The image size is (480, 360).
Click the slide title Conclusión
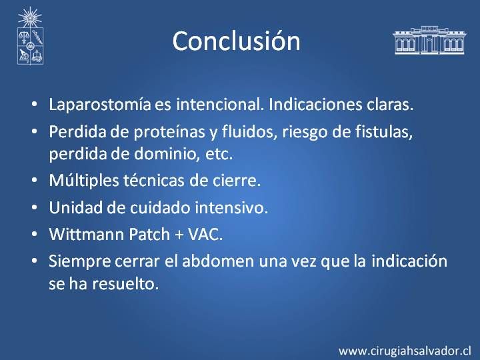pyautogui.click(x=236, y=41)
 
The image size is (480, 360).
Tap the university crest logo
pyautogui.click(x=30, y=36)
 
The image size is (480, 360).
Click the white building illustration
pyautogui.click(x=430, y=40)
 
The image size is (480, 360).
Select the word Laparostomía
pyautogui.click(x=100, y=105)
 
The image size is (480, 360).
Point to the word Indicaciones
pyautogui.click(x=315, y=104)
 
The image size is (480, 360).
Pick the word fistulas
pyautogui.click(x=384, y=132)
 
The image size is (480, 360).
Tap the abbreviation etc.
pyautogui.click(x=219, y=154)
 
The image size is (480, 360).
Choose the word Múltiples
pyautogui.click(x=83, y=181)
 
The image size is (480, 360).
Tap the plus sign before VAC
pyautogui.click(x=179, y=235)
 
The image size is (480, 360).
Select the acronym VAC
pyautogui.click(x=205, y=235)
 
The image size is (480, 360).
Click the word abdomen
pyautogui.click(x=218, y=261)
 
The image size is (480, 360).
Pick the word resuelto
pyautogui.click(x=125, y=284)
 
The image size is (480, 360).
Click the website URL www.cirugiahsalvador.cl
pyautogui.click(x=405, y=351)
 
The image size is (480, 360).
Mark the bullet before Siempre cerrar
pyautogui.click(x=34, y=261)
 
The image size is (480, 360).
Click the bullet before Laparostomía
pyautogui.click(x=34, y=104)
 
